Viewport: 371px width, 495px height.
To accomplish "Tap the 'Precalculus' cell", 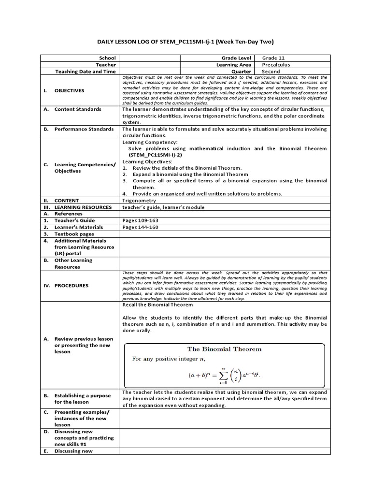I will tap(276, 65).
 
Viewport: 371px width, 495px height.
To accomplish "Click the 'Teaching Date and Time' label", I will tap(86, 72).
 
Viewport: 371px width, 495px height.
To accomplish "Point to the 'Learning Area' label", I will tap(233, 65).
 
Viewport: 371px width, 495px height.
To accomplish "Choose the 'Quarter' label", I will tap(241, 72).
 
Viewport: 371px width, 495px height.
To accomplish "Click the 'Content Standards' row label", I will tap(77, 109).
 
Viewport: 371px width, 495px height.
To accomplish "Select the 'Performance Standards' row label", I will tap(84, 129).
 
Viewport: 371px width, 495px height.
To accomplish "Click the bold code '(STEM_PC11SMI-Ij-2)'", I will tap(157, 155).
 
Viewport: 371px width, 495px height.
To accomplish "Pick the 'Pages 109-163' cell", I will tap(140, 220).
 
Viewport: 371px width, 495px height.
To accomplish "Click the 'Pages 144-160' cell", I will tap(140, 227).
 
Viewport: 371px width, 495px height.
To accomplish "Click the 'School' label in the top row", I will tap(107, 58).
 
